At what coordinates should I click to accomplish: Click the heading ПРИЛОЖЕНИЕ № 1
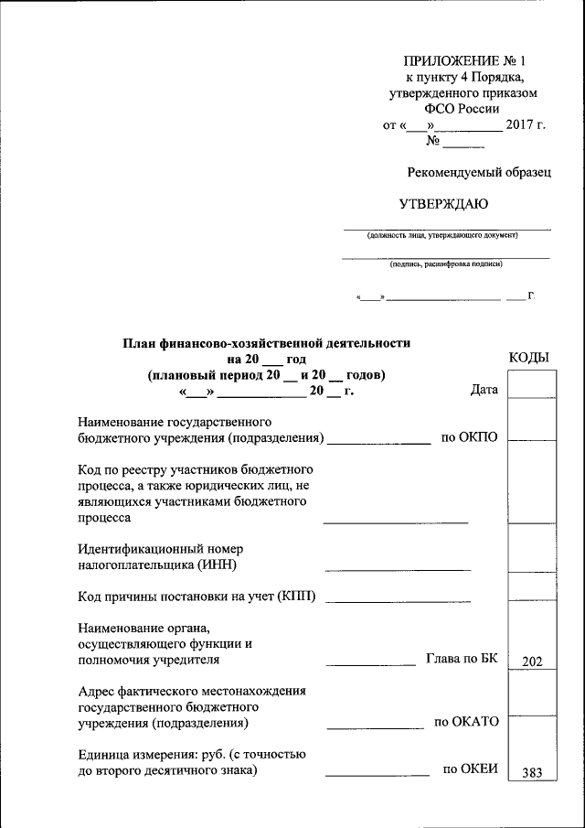pos(464,61)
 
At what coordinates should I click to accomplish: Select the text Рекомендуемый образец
pos(480,171)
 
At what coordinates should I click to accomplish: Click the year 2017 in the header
pos(523,124)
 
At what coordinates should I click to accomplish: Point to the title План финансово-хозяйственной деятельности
pos(267,343)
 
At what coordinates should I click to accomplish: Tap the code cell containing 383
pos(532,772)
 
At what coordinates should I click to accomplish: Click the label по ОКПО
pos(469,437)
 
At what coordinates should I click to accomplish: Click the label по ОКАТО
pos(466,722)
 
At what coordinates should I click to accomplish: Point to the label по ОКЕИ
pos(470,769)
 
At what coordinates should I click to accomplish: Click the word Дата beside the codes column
pos(484,390)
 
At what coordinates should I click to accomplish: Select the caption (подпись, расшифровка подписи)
pos(445,264)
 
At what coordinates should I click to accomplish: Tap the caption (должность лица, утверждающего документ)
pos(442,235)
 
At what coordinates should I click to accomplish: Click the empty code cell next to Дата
pos(532,388)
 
